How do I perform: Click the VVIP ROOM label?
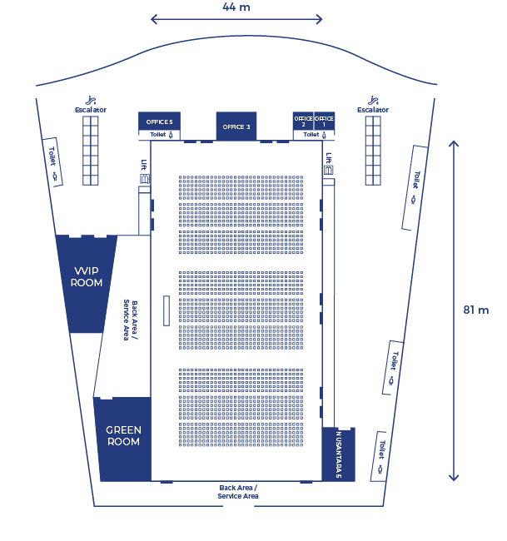[87, 276]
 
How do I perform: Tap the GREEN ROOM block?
[123, 439]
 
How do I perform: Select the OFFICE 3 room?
[236, 127]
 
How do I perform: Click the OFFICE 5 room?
[160, 121]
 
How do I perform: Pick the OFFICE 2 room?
[303, 121]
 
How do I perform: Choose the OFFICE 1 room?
[324, 121]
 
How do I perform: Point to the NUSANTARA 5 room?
[339, 454]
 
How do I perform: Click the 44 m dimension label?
[236, 7]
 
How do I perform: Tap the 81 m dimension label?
[476, 310]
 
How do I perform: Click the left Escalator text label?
[91, 110]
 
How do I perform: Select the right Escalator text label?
[373, 110]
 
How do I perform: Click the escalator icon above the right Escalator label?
[373, 101]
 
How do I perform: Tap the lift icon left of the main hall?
[145, 179]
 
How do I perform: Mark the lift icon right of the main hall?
[329, 170]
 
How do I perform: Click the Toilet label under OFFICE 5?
[162, 135]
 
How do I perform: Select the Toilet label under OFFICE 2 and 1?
[315, 135]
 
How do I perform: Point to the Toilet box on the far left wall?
[52, 162]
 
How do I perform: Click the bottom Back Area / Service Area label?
[238, 492]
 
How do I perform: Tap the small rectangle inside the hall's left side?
[167, 310]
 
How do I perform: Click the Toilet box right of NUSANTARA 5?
[378, 456]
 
